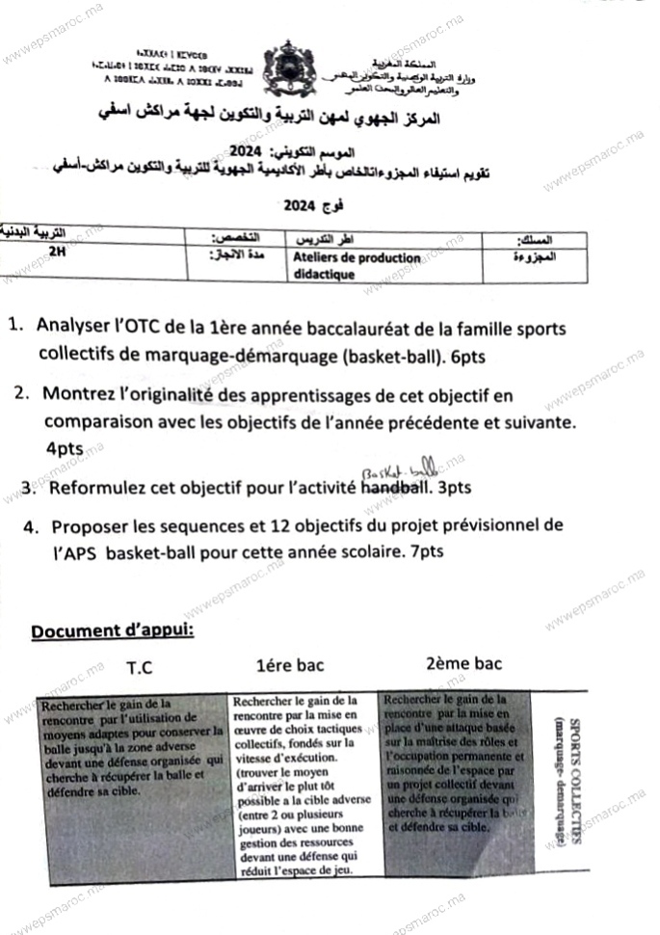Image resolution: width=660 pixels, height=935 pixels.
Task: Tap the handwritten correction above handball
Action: click(x=398, y=469)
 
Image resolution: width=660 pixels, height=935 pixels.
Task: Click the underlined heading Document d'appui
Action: click(x=113, y=631)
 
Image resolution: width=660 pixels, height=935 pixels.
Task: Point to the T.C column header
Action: click(x=140, y=666)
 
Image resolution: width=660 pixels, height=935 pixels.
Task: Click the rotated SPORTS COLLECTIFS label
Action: click(x=569, y=781)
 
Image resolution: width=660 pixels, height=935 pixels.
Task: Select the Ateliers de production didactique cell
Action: click(x=356, y=265)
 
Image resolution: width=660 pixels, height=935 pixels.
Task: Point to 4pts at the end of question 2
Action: click(x=64, y=448)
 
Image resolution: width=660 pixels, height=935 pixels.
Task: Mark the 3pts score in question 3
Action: click(x=453, y=488)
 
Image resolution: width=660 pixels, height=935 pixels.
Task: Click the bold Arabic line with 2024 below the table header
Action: click(x=307, y=205)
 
